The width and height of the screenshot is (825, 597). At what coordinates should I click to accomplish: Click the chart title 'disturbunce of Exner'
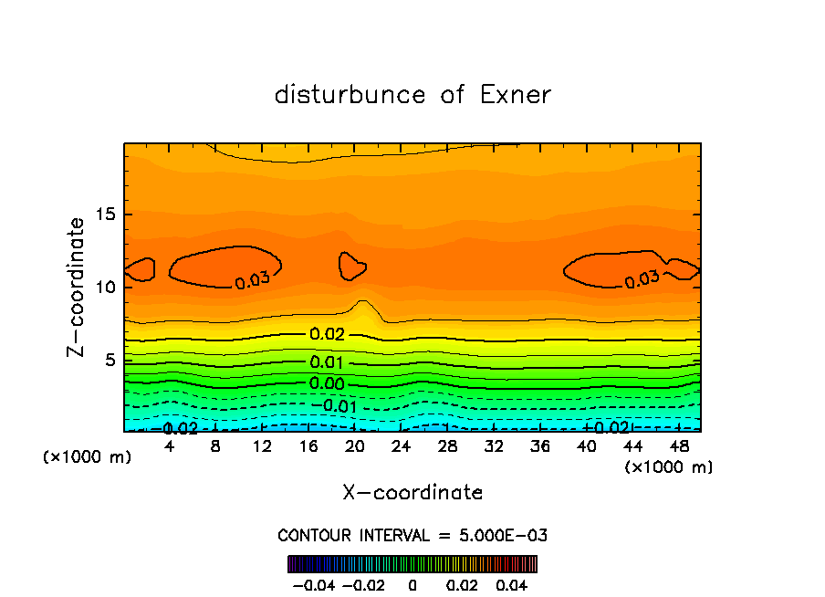(412, 95)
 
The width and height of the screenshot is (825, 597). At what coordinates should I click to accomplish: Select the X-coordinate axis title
(412, 493)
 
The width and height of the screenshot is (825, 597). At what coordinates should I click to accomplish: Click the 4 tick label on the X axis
(170, 446)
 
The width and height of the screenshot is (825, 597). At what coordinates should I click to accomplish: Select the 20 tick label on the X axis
(355, 446)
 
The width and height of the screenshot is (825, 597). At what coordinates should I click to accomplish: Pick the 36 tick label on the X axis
(540, 446)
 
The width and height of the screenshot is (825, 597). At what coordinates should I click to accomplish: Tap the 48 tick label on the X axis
(679, 446)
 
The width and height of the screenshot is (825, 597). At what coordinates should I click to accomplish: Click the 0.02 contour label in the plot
(327, 334)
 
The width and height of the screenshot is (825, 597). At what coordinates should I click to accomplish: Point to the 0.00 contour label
(327, 383)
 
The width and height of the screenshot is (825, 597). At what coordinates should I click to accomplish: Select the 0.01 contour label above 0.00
(327, 362)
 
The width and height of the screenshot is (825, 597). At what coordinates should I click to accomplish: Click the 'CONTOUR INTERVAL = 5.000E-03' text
(412, 535)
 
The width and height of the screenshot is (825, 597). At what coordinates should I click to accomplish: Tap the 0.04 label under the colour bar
(514, 584)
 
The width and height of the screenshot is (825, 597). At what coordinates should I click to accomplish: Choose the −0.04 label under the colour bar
(311, 584)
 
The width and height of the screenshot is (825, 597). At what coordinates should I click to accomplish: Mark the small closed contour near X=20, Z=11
(351, 266)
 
